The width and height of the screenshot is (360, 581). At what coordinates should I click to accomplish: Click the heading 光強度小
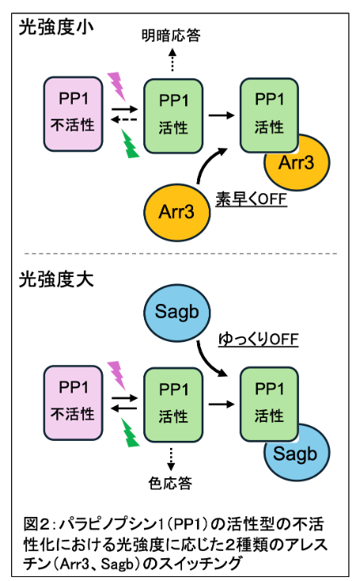(56, 27)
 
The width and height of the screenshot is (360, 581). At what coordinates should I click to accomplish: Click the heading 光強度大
(56, 279)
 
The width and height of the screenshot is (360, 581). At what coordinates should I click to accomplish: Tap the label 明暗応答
(171, 36)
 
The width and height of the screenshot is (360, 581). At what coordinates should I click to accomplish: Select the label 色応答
(170, 483)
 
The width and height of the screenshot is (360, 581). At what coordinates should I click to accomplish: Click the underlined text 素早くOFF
(251, 199)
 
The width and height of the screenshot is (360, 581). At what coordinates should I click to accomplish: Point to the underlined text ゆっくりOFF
(258, 339)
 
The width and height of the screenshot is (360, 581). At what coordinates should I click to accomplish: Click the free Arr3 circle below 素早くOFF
(176, 212)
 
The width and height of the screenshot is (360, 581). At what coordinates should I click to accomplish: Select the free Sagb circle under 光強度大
(176, 313)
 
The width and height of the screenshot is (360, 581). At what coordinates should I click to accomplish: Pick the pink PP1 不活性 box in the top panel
(74, 114)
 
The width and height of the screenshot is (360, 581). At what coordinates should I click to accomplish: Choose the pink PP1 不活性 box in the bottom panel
(74, 403)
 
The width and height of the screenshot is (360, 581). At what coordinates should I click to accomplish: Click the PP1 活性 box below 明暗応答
(173, 116)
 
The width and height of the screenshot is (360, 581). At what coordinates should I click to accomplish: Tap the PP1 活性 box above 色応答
(173, 405)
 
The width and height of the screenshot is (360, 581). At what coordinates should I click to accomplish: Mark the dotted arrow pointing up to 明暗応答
(172, 60)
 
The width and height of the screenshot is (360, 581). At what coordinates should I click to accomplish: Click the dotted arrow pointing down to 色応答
(171, 459)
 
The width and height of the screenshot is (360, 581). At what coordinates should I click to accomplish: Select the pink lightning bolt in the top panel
(117, 86)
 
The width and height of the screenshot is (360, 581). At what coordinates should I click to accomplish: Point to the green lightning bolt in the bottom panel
(130, 432)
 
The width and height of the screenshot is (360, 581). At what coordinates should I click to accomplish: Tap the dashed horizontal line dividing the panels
(180, 254)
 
